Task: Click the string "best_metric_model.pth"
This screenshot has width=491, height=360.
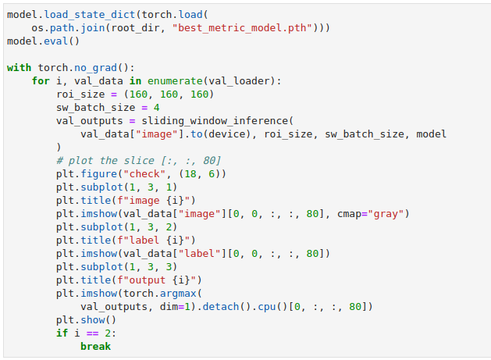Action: [242, 28]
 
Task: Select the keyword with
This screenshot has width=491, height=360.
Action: [19, 68]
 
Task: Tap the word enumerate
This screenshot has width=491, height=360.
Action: [175, 81]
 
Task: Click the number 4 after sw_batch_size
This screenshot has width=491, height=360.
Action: [157, 108]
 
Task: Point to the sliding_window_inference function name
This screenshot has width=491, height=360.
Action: [215, 121]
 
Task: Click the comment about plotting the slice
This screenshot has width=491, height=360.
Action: [138, 161]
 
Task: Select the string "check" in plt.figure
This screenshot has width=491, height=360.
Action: [144, 174]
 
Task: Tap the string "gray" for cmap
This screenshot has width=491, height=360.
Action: [386, 214]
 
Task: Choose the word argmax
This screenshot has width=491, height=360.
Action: [178, 294]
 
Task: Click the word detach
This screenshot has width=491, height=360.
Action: [221, 307]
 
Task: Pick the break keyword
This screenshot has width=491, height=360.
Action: [95, 347]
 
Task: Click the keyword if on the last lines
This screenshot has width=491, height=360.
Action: [62, 333]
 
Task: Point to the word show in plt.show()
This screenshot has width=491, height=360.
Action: [92, 320]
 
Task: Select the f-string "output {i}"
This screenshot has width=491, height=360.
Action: [159, 280]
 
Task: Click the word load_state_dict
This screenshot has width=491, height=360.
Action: [89, 15]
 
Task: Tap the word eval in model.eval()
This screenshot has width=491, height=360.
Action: [55, 41]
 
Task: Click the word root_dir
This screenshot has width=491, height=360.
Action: [135, 28]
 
